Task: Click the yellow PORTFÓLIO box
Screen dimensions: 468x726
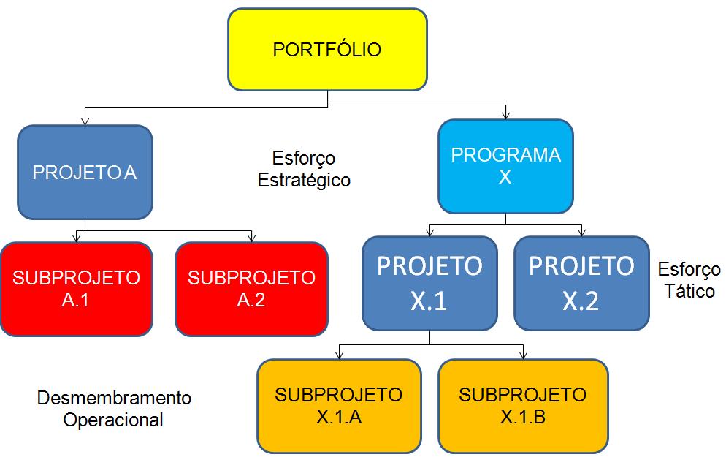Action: tap(327, 50)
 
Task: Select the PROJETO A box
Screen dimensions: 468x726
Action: tap(85, 173)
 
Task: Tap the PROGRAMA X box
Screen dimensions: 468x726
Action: tap(505, 166)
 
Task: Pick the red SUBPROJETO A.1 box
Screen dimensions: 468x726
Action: tap(76, 289)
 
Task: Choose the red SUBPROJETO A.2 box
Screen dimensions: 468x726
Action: tap(251, 289)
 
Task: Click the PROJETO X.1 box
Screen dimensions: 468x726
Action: tap(429, 283)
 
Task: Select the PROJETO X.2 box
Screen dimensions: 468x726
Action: tap(581, 283)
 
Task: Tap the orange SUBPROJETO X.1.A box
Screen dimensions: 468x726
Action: tap(339, 405)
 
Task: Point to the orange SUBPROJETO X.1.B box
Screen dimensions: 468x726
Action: tap(523, 405)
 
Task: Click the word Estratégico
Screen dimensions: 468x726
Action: tap(304, 180)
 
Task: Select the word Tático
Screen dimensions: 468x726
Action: tap(689, 291)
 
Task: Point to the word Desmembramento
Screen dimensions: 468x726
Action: tap(114, 399)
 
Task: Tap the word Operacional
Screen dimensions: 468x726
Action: tap(113, 420)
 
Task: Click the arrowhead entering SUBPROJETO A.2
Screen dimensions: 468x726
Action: tap(251, 238)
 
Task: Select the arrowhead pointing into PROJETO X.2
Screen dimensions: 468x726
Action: tap(581, 232)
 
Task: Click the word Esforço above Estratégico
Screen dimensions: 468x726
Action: tap(304, 158)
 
